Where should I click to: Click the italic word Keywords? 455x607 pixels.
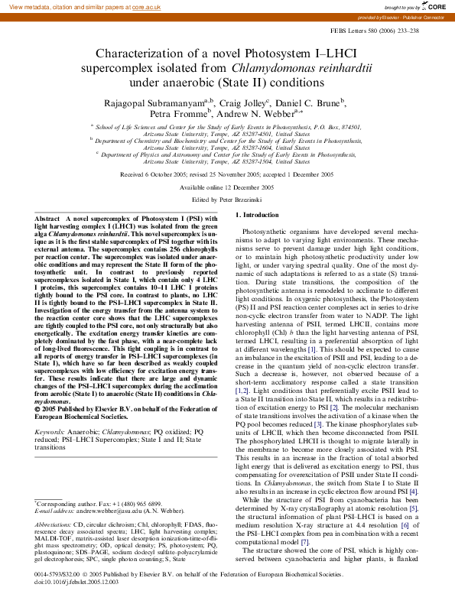(50, 432)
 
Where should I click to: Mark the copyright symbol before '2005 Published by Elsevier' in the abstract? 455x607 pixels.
(37, 408)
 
